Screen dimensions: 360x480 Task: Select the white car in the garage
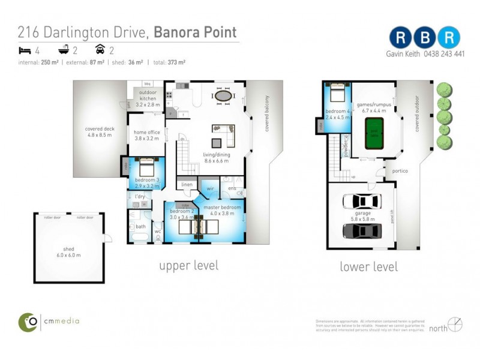coord(362,202)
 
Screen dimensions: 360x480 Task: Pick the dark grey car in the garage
coord(362,231)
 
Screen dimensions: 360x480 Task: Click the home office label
coord(146,135)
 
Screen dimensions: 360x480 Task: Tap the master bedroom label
coord(222,211)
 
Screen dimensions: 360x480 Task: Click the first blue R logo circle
coord(400,37)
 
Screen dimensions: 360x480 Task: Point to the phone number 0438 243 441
coord(443,53)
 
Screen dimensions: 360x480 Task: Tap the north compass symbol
coord(455,325)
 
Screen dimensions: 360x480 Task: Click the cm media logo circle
coord(28,322)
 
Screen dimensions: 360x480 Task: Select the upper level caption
coord(188,265)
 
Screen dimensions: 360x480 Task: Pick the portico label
coord(400,171)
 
